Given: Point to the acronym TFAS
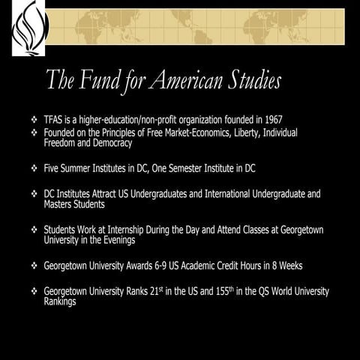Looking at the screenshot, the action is coord(55,120).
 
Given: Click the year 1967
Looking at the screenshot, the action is coord(270,120).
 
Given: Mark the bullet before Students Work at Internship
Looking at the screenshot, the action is coord(34,229).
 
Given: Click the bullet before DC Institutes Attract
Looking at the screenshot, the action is coord(34,194).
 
